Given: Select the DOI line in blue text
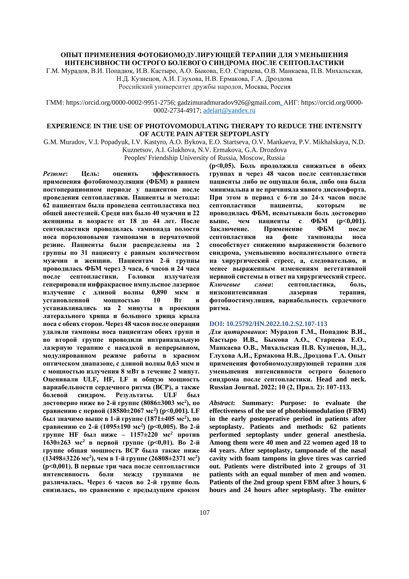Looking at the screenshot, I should tap(268, 324).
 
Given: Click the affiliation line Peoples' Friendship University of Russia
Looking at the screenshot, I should tap(204, 158).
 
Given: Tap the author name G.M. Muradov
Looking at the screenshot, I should tap(65, 142).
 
